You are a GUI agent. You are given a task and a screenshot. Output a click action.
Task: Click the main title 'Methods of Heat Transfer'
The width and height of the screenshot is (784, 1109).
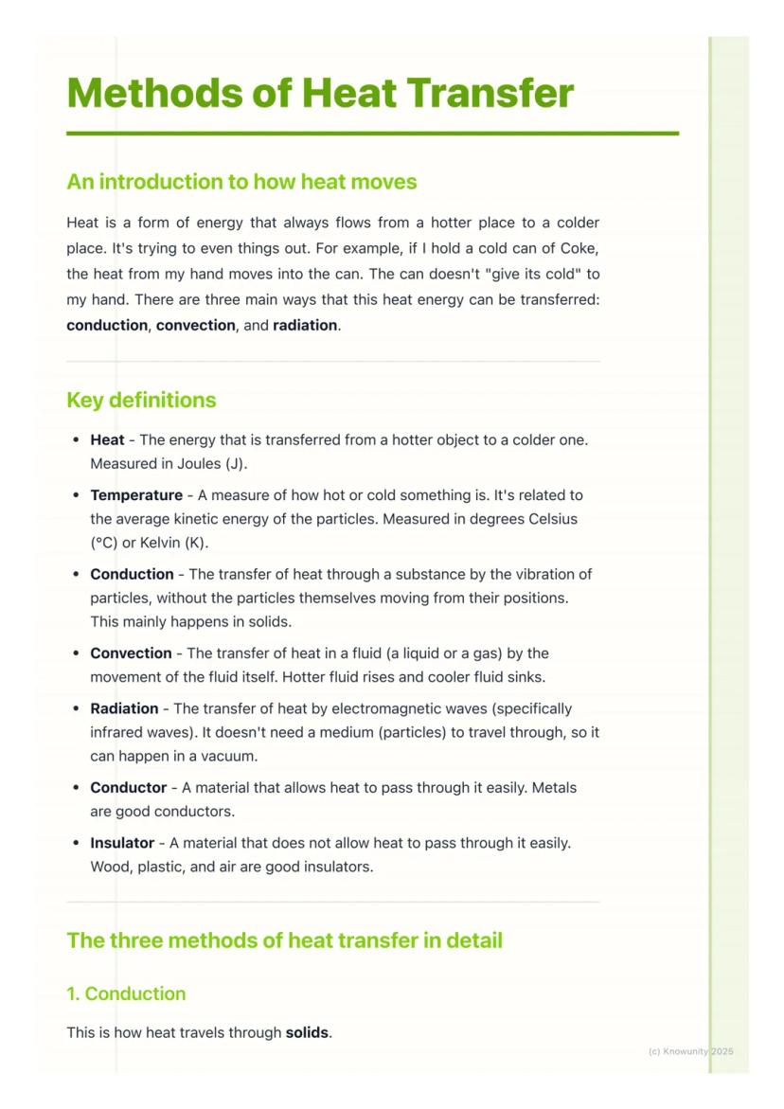[x=320, y=94]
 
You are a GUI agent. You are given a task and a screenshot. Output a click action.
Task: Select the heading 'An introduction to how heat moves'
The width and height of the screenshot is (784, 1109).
[x=241, y=181]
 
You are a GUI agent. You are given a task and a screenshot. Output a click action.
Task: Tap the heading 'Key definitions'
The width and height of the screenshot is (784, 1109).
[x=141, y=400]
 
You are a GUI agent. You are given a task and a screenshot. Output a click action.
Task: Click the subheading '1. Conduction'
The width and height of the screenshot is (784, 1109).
[x=126, y=993]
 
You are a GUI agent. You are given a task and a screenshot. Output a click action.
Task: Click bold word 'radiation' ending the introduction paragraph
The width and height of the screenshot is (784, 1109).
[x=305, y=325]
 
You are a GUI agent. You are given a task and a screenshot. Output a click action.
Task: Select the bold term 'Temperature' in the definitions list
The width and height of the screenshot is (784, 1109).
[x=136, y=495]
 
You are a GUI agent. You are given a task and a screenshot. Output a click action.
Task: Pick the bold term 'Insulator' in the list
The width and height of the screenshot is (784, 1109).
[x=122, y=843]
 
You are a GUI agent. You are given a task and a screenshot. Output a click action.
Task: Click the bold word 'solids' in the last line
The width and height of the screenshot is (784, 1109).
[x=307, y=1032]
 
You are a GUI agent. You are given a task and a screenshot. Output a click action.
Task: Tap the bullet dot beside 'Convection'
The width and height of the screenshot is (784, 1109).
[x=76, y=654]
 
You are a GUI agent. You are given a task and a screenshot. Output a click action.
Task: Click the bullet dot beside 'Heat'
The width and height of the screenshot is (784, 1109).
[x=76, y=440]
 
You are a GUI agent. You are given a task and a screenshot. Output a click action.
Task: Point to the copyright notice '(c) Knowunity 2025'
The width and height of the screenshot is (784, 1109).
[x=690, y=1051]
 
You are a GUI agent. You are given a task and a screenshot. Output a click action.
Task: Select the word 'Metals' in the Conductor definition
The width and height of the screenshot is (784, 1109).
[x=555, y=788]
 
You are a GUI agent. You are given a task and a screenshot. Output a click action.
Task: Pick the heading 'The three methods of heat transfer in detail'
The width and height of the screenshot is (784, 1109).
[x=284, y=940]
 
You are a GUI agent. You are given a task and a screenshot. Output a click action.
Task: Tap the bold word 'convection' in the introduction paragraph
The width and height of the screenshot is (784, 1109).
[x=195, y=325]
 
